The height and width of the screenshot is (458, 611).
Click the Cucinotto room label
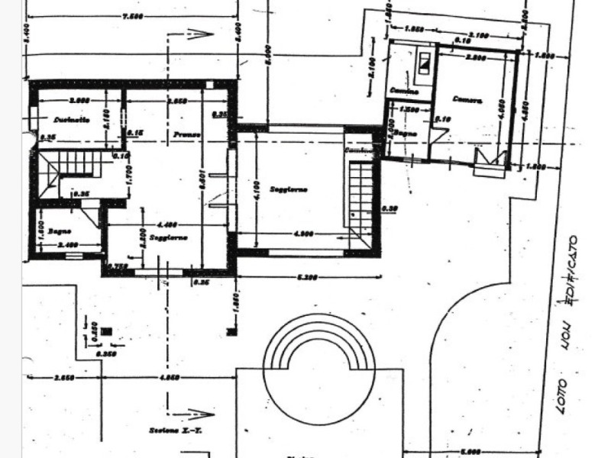tap(73, 120)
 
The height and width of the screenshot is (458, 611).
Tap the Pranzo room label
tap(186, 134)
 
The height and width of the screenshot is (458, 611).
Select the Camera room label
tap(466, 99)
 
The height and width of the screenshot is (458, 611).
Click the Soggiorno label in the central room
tap(288, 189)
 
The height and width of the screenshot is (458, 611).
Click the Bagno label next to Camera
tap(405, 133)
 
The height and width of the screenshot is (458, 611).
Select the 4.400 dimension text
tap(167, 224)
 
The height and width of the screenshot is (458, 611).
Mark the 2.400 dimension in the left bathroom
tap(67, 246)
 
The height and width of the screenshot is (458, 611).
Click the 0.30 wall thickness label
tap(391, 208)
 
